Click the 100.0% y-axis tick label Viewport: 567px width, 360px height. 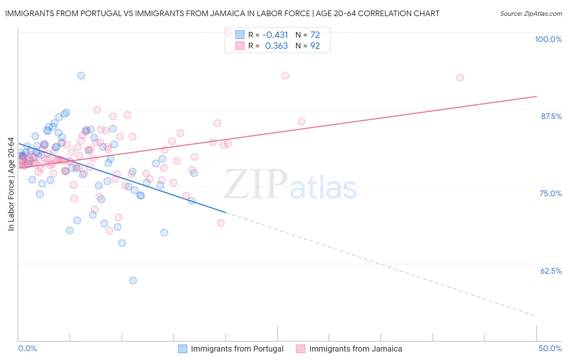pos(548,39)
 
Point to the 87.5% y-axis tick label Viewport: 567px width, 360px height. pos(551,116)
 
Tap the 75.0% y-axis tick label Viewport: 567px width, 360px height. pos(550,193)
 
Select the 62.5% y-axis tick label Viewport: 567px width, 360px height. pos(551,271)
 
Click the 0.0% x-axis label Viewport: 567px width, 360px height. pos(27,348)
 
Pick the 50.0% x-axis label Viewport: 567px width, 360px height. pos(550,348)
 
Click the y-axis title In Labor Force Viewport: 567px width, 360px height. pos(11,184)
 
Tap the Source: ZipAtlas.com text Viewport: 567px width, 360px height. pos(531,13)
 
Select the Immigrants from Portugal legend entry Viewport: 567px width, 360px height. pos(237,349)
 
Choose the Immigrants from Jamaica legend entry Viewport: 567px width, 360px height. pos(355,349)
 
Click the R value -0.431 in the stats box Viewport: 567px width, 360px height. pos(275,35)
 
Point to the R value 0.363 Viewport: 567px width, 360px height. pos(276,46)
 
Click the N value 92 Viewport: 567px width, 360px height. pos(315,46)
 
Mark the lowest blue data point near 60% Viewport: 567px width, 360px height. pos(133,280)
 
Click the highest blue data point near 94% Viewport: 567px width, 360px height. pos(81,75)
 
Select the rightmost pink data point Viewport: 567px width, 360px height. pos(460,77)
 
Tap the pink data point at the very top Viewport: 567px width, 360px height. pos(228,31)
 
